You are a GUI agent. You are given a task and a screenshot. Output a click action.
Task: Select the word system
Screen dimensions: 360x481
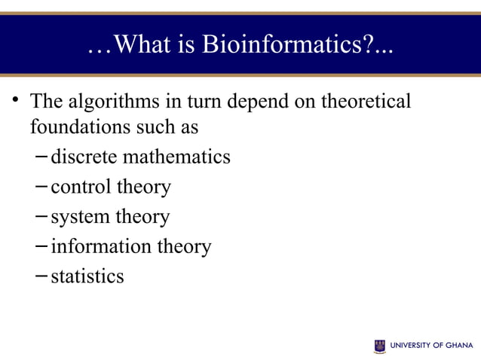[x=79, y=218]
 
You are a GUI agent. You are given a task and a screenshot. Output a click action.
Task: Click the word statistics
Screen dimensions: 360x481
[x=87, y=276]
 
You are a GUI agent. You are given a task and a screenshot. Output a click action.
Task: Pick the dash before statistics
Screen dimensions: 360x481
[x=41, y=276]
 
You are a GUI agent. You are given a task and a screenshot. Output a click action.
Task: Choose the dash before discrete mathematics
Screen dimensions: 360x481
[x=41, y=157]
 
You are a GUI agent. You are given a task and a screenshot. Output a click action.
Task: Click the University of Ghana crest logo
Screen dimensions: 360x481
[x=379, y=346]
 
